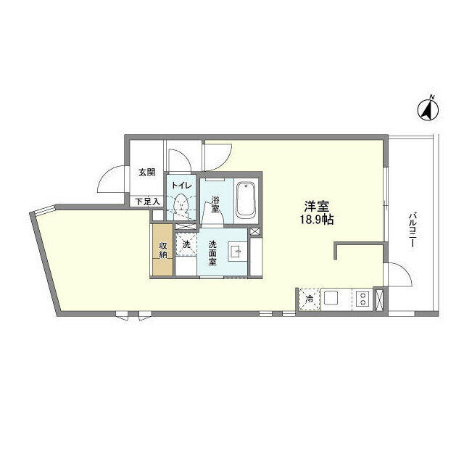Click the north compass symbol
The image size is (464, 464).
(428, 111)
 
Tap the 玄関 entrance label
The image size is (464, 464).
(147, 173)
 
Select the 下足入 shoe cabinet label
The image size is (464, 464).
(148, 202)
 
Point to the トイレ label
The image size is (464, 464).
(182, 186)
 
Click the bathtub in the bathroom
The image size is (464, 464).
(246, 200)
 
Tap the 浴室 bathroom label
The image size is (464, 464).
(215, 204)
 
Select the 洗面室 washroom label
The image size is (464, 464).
(212, 253)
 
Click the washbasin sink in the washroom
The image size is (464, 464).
(237, 252)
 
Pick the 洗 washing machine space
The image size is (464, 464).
(186, 244)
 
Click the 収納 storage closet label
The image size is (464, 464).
(163, 250)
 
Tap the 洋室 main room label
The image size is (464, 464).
(317, 206)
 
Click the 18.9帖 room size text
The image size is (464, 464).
(317, 220)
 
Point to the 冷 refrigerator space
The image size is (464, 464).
(310, 299)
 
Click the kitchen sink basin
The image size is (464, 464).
(331, 298)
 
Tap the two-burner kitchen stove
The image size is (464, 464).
(362, 299)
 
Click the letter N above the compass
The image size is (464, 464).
(432, 96)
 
